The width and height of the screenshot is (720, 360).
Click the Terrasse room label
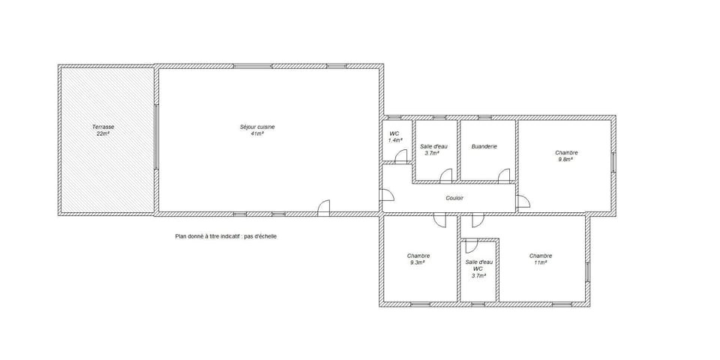103,127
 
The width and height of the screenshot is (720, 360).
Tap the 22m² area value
103,133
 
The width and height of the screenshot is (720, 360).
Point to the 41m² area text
257,133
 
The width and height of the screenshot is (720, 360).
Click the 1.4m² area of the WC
395,140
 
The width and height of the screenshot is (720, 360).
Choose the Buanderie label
484,146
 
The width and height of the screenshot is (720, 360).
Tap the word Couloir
454,198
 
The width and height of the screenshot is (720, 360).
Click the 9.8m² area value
565,159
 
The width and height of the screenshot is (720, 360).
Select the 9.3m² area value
418,262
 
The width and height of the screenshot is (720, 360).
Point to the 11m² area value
540,262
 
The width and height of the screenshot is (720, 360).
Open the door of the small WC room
401,156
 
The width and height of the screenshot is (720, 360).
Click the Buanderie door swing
505,176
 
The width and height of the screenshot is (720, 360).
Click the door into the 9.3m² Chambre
439,220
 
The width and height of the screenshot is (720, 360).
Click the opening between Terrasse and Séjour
156,138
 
